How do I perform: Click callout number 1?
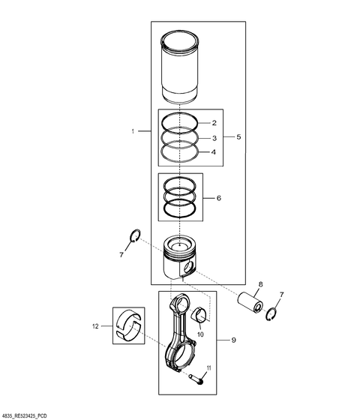132,131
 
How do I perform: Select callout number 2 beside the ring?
214,122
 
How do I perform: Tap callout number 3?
214,138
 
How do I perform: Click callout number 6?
218,199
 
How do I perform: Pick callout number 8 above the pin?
260,284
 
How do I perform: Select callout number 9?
233,340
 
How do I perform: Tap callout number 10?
200,324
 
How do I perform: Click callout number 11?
210,367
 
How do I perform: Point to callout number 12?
96,325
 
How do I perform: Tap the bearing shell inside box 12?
129,325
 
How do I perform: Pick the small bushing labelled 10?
200,313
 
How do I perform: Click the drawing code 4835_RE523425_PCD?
31,414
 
